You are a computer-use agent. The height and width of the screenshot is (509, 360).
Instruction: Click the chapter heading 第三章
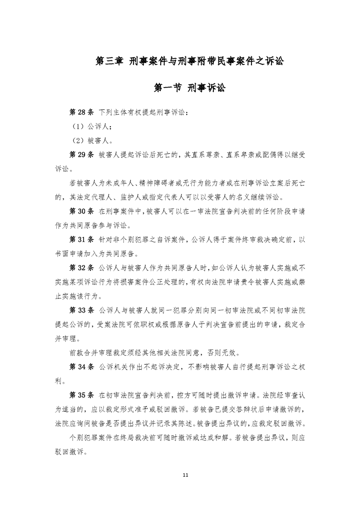click(x=108, y=61)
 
